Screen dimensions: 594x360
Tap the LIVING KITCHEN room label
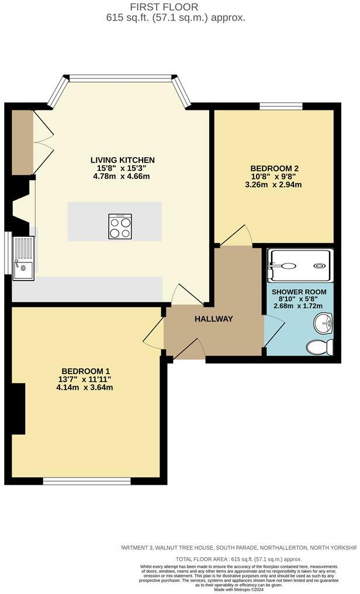click(122, 160)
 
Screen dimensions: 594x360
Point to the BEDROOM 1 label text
click(86, 371)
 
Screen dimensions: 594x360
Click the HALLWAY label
click(214, 319)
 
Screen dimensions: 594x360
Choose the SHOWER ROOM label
click(299, 292)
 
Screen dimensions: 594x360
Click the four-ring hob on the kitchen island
click(119, 226)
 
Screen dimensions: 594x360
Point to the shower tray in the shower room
click(300, 266)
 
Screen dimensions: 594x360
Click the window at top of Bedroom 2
click(281, 106)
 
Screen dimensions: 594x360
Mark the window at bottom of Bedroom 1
click(86, 481)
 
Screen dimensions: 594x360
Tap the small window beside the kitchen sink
click(7, 253)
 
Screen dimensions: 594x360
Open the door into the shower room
click(273, 331)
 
